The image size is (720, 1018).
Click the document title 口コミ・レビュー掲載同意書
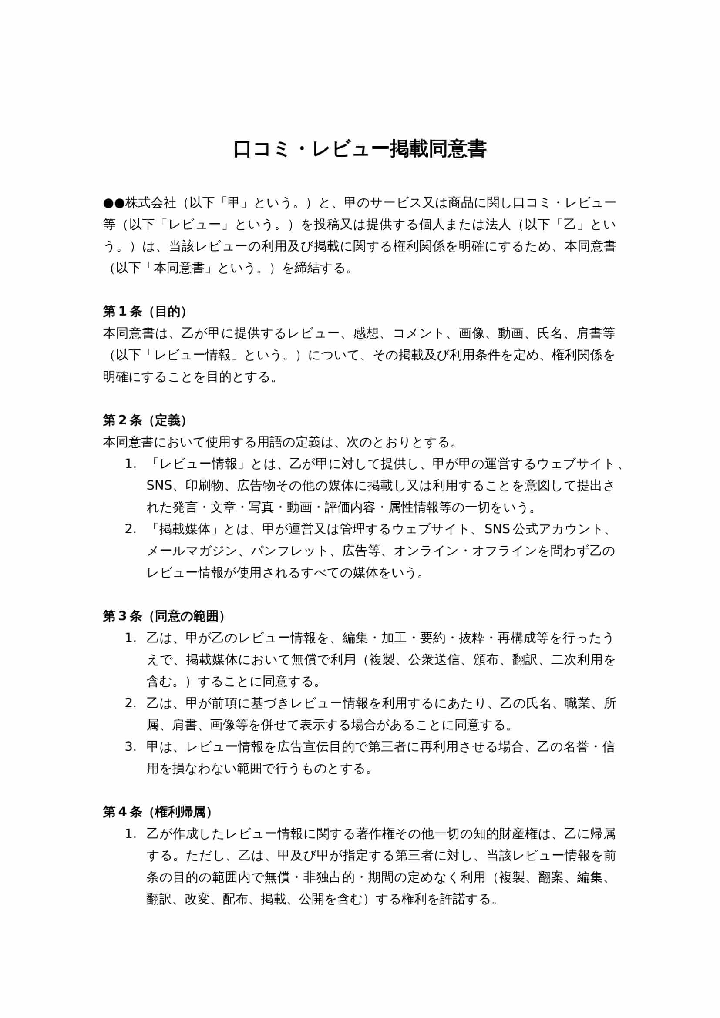coord(360,149)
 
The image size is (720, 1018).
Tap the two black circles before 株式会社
coord(114,203)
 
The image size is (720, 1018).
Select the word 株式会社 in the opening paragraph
coord(151,203)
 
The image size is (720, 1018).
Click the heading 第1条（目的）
coord(145,312)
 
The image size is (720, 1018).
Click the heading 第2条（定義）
coord(145,420)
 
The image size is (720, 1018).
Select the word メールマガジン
coord(192,551)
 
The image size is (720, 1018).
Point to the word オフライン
coord(505,551)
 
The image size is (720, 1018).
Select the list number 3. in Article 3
coord(130,747)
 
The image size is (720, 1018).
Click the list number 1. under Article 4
coord(130,833)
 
